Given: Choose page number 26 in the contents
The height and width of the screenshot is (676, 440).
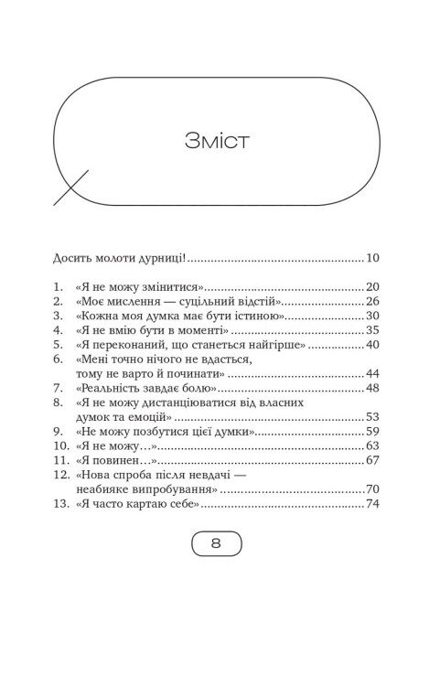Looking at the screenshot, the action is tap(371, 300).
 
